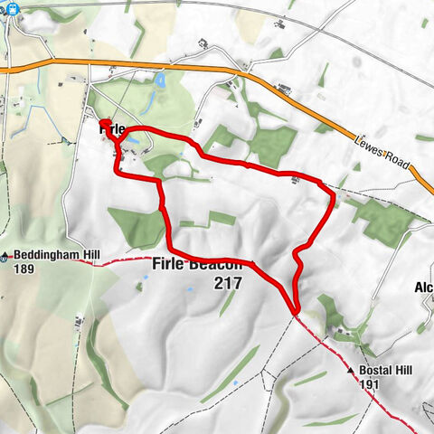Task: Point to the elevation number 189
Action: pyautogui.click(x=24, y=269)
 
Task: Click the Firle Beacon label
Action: pyautogui.click(x=204, y=265)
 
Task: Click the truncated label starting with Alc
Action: pyautogui.click(x=423, y=288)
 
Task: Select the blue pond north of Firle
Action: pyautogui.click(x=160, y=81)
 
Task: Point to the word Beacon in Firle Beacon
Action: pyautogui.click(x=217, y=265)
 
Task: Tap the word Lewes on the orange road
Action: pyautogui.click(x=370, y=147)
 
